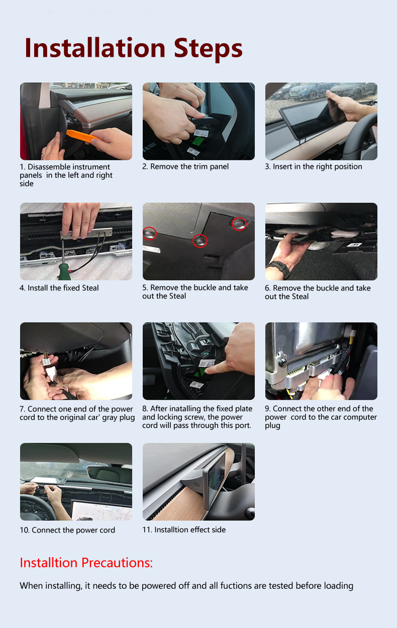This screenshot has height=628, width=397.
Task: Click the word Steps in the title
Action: [x=208, y=49]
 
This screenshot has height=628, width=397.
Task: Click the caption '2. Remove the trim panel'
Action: [x=185, y=166]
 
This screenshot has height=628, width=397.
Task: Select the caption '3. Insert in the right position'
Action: [x=314, y=166]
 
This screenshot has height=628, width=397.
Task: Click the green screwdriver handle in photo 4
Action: [x=64, y=272]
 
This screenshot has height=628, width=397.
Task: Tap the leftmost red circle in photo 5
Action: [x=149, y=233]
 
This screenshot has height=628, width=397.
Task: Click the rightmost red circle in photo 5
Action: [x=239, y=224]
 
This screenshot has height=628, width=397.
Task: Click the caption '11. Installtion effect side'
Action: [x=184, y=530]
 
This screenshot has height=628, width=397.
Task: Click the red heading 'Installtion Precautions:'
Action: [x=86, y=563]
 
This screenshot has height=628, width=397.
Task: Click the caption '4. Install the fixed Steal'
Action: [x=59, y=288]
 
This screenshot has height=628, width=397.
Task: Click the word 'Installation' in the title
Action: [x=95, y=48]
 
